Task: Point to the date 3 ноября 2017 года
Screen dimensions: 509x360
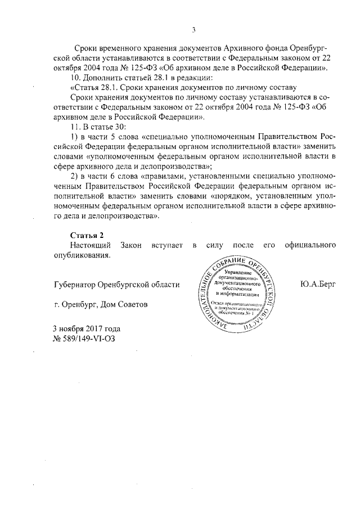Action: [x=86, y=328]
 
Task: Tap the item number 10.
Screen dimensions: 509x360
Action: [x=72, y=76]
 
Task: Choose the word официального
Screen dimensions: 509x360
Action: [x=310, y=245]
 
